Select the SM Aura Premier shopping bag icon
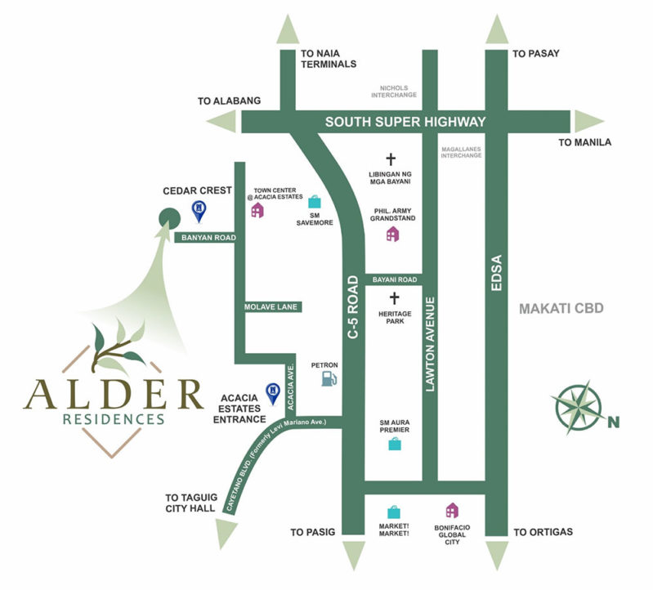tap(395, 445)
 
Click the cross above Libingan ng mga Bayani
tap(390, 160)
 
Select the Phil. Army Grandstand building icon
tap(393, 235)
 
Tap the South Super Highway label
tap(405, 122)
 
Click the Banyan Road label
tap(204, 238)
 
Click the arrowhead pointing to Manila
tap(588, 122)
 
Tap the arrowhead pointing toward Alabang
tap(221, 122)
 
